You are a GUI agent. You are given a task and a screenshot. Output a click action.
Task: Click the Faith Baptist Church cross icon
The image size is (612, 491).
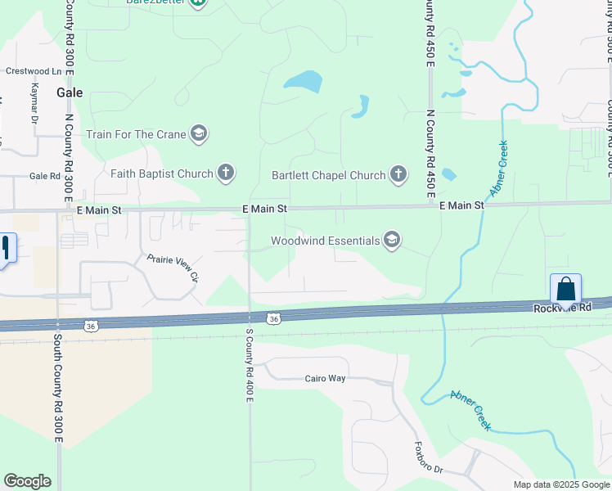[227, 173]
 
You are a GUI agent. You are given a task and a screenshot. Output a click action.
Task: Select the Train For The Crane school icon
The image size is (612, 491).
[198, 133]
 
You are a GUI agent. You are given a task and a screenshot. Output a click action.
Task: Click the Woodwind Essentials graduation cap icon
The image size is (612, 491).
[392, 240]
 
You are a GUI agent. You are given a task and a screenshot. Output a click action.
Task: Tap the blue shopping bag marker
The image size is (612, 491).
[565, 289]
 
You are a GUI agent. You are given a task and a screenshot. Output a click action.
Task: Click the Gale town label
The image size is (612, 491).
[68, 92]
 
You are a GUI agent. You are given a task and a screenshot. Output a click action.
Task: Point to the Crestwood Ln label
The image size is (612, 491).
[34, 71]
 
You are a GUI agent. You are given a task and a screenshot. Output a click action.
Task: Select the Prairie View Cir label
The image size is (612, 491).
[173, 268]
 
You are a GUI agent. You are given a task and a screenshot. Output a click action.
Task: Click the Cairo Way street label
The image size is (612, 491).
[326, 378]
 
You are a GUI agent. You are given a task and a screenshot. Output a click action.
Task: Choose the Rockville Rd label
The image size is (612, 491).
[562, 308]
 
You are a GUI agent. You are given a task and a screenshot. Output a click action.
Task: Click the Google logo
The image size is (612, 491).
[27, 481]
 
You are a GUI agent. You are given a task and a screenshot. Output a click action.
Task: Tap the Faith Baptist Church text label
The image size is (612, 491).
[162, 173]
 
